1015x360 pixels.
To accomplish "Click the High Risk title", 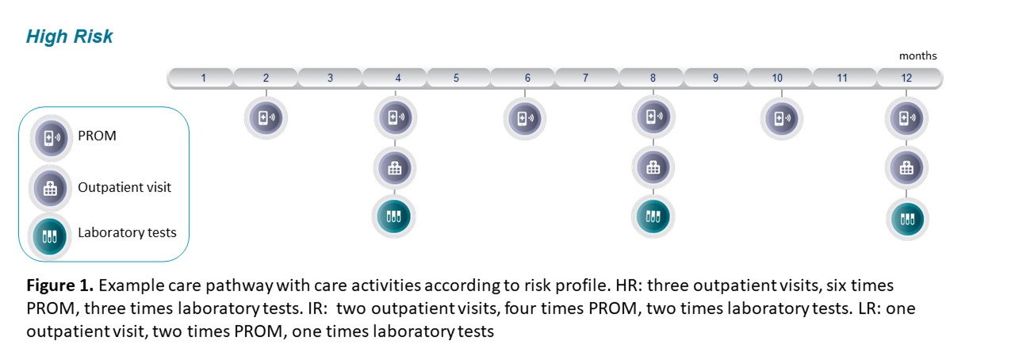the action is [x=69, y=36].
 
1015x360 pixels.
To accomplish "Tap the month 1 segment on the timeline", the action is [x=201, y=78].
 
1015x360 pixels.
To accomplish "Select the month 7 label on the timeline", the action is [x=585, y=78].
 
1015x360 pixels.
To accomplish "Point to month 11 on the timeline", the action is [x=842, y=78].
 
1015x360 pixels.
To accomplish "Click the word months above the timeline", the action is [x=917, y=56].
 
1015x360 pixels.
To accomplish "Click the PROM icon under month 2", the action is [x=266, y=118].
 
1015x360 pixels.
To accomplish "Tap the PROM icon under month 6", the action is [x=525, y=118].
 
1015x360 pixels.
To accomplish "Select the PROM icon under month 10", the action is [x=782, y=119].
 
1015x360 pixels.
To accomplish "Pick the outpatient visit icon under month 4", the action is [x=395, y=168].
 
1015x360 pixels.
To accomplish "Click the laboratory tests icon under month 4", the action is [x=394, y=216].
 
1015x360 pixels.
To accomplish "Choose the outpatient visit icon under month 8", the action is [x=653, y=168].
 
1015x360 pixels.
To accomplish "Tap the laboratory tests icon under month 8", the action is [x=653, y=216].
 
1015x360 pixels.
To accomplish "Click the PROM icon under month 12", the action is [x=906, y=118].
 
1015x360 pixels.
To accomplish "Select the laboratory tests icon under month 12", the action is [x=907, y=219].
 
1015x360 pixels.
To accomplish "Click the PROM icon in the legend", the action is [x=52, y=138].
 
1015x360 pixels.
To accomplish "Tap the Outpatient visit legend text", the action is [x=124, y=187].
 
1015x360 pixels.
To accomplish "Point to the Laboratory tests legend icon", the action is [x=50, y=236].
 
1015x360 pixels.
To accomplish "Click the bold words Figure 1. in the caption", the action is [x=59, y=285].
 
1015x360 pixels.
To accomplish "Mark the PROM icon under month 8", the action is [x=653, y=117].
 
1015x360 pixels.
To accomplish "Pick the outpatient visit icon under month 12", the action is [x=906, y=168].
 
